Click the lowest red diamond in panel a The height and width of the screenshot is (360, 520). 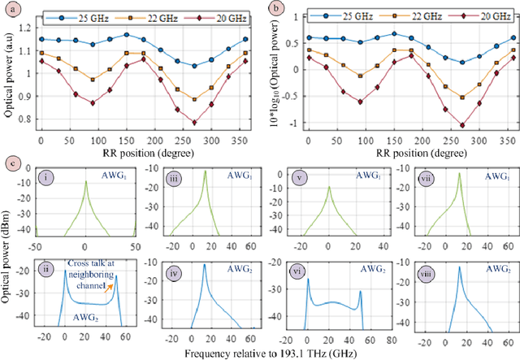point(194,123)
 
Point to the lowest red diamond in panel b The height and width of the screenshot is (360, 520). point(462,125)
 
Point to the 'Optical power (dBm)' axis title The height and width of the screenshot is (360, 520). point(7,253)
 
